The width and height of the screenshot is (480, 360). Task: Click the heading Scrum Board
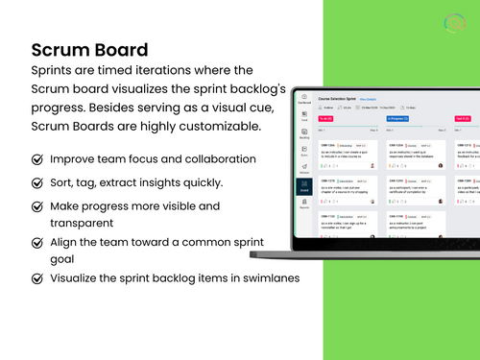(89, 49)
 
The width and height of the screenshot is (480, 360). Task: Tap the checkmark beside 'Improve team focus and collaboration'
(37, 158)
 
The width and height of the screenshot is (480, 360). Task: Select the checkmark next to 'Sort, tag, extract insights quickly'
(37, 182)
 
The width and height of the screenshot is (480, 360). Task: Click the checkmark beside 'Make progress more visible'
(37, 206)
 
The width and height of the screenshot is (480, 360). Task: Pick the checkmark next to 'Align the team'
(37, 243)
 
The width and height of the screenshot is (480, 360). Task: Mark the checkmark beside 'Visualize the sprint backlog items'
(37, 278)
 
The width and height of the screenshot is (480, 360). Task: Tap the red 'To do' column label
(326, 119)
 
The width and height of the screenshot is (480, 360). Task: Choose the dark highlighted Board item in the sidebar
(303, 190)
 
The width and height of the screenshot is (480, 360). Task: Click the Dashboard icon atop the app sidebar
(303, 99)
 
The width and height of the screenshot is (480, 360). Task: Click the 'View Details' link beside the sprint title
(368, 98)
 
